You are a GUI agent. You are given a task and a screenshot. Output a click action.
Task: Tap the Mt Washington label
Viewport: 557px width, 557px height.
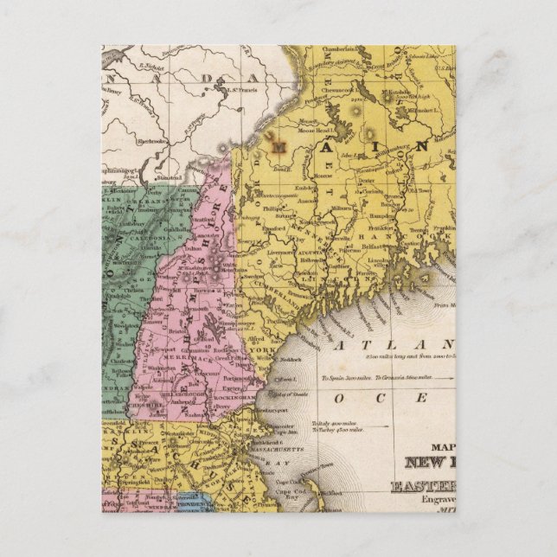coord(228,266)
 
